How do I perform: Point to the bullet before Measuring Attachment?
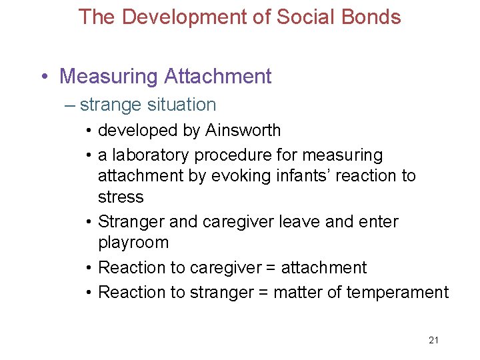[44, 77]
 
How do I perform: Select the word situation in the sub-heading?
[182, 105]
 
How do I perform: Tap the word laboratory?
[151, 155]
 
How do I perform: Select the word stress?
[121, 197]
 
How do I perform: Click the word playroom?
[133, 242]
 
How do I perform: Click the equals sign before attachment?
[270, 268]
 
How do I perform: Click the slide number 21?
[434, 341]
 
